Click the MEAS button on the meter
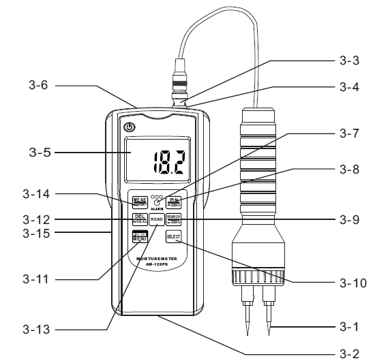139,202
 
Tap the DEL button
139,219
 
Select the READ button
156,219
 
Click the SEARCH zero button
173,219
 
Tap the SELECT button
173,236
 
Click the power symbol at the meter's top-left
128,127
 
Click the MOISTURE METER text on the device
156,259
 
